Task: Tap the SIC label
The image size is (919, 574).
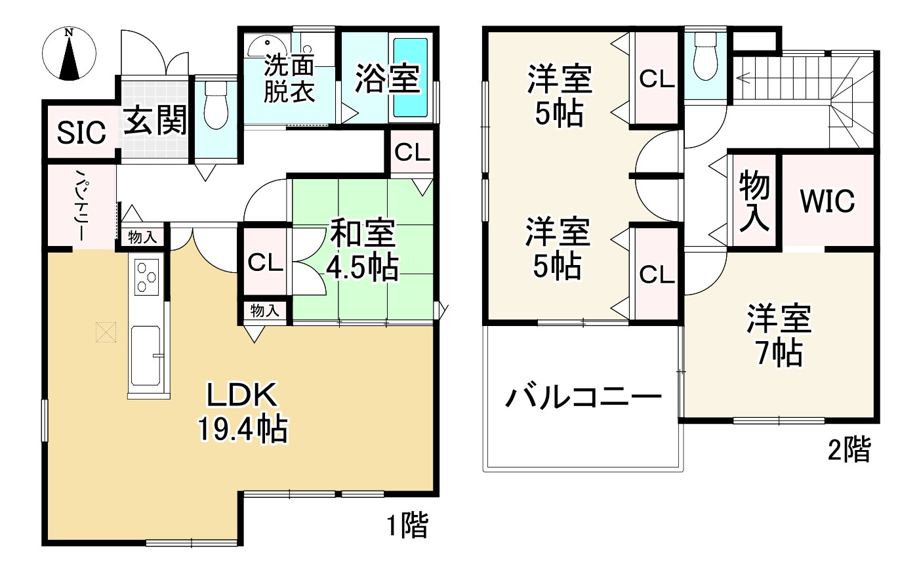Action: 81,133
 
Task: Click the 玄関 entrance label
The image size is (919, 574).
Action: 155,120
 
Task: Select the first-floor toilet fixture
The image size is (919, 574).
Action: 215,107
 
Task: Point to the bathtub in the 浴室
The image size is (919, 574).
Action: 409,77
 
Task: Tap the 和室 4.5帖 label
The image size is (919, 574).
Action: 362,250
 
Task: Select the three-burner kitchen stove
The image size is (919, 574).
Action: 147,276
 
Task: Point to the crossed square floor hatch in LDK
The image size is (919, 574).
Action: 104,332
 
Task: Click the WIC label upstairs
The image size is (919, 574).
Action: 827,201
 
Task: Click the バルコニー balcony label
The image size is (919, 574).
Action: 582,397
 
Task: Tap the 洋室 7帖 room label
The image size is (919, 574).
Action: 779,335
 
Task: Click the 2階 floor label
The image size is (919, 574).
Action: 849,450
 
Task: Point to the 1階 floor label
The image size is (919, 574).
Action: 407,525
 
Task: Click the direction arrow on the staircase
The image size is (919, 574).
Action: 745,79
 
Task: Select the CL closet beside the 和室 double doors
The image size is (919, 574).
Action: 265,263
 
